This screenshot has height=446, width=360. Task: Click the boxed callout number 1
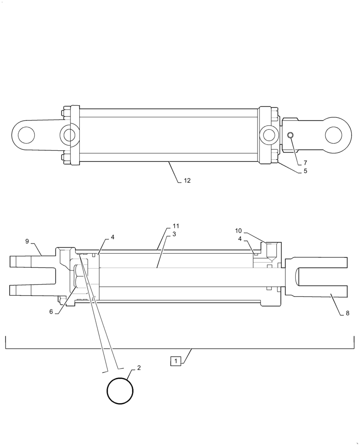[x=176, y=361]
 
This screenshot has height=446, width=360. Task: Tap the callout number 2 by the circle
[x=139, y=368]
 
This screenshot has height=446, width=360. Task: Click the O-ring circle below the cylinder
[x=120, y=391]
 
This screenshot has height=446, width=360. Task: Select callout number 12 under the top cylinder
[x=187, y=181]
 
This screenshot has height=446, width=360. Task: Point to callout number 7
[x=305, y=163]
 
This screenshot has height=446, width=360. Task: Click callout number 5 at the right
[x=305, y=171]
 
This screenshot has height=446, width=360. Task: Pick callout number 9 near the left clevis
[x=27, y=241]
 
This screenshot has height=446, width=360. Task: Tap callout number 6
[x=51, y=312]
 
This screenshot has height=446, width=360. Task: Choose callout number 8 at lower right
[x=347, y=314]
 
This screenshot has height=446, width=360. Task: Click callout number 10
[x=238, y=231]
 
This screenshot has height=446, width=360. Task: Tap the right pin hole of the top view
[x=334, y=134]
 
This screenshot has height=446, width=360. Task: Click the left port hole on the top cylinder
[x=69, y=134]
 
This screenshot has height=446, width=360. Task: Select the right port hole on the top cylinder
[x=269, y=134]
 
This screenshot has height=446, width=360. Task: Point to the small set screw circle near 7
[x=290, y=136]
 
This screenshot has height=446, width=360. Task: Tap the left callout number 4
[x=112, y=237]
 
